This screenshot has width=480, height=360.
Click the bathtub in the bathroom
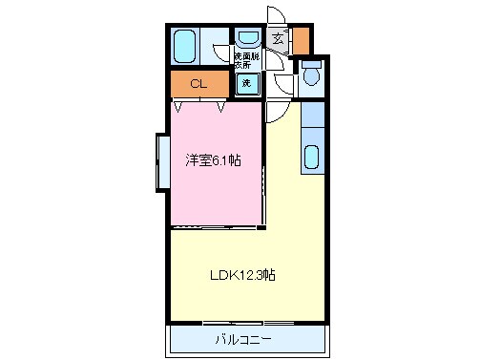tap(184, 45)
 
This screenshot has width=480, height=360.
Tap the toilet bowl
tap(311, 75)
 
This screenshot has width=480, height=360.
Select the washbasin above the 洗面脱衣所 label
tap(247, 40)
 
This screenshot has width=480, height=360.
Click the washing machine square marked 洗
tap(246, 83)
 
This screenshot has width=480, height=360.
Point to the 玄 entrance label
tap(278, 39)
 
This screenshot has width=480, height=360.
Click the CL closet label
tap(198, 84)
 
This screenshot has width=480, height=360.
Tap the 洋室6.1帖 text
tap(213, 159)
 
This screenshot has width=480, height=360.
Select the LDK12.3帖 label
tap(243, 275)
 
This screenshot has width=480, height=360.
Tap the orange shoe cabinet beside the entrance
tap(301, 40)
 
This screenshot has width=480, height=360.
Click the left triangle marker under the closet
tap(178, 105)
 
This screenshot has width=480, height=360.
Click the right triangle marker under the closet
tap(221, 105)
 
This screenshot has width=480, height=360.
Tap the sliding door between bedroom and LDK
tap(217, 226)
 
